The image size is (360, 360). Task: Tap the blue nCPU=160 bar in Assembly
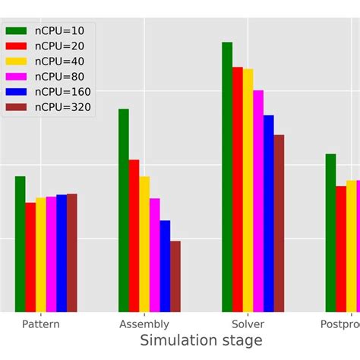coord(165,266)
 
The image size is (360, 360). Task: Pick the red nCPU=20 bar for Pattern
coord(30,257)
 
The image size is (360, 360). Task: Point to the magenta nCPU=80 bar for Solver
coord(258,201)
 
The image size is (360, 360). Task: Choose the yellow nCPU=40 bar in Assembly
coord(144,244)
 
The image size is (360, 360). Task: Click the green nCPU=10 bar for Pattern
coord(21,244)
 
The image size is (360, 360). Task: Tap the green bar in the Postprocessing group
coord(330,232)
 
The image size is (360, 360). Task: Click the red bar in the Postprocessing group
coord(341,248)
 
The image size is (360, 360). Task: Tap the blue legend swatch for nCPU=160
coord(19,92)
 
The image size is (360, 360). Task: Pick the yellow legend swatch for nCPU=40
coord(19,62)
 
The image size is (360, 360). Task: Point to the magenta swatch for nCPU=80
coord(19,77)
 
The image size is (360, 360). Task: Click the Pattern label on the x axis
coord(41,324)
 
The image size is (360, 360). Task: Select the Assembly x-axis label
coord(144,324)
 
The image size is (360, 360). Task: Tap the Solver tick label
coord(248,324)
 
